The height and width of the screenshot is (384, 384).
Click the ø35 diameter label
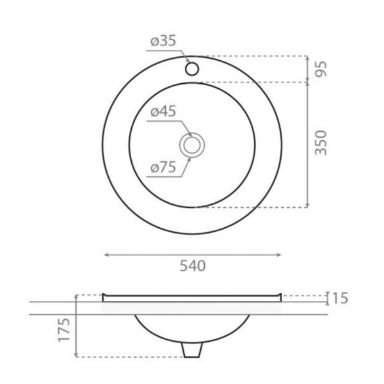point(163,41)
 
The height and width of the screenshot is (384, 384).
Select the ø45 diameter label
point(163,111)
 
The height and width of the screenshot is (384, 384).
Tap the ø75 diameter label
point(163,168)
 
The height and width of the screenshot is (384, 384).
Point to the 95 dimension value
point(321,69)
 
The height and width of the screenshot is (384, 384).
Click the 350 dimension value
point(321,143)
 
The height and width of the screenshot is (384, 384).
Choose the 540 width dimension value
point(193,266)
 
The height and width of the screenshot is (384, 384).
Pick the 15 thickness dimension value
point(339,298)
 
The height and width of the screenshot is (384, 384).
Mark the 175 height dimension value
point(64,330)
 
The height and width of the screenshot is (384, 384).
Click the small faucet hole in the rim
point(192,68)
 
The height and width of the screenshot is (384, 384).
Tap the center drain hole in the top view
point(192,145)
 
